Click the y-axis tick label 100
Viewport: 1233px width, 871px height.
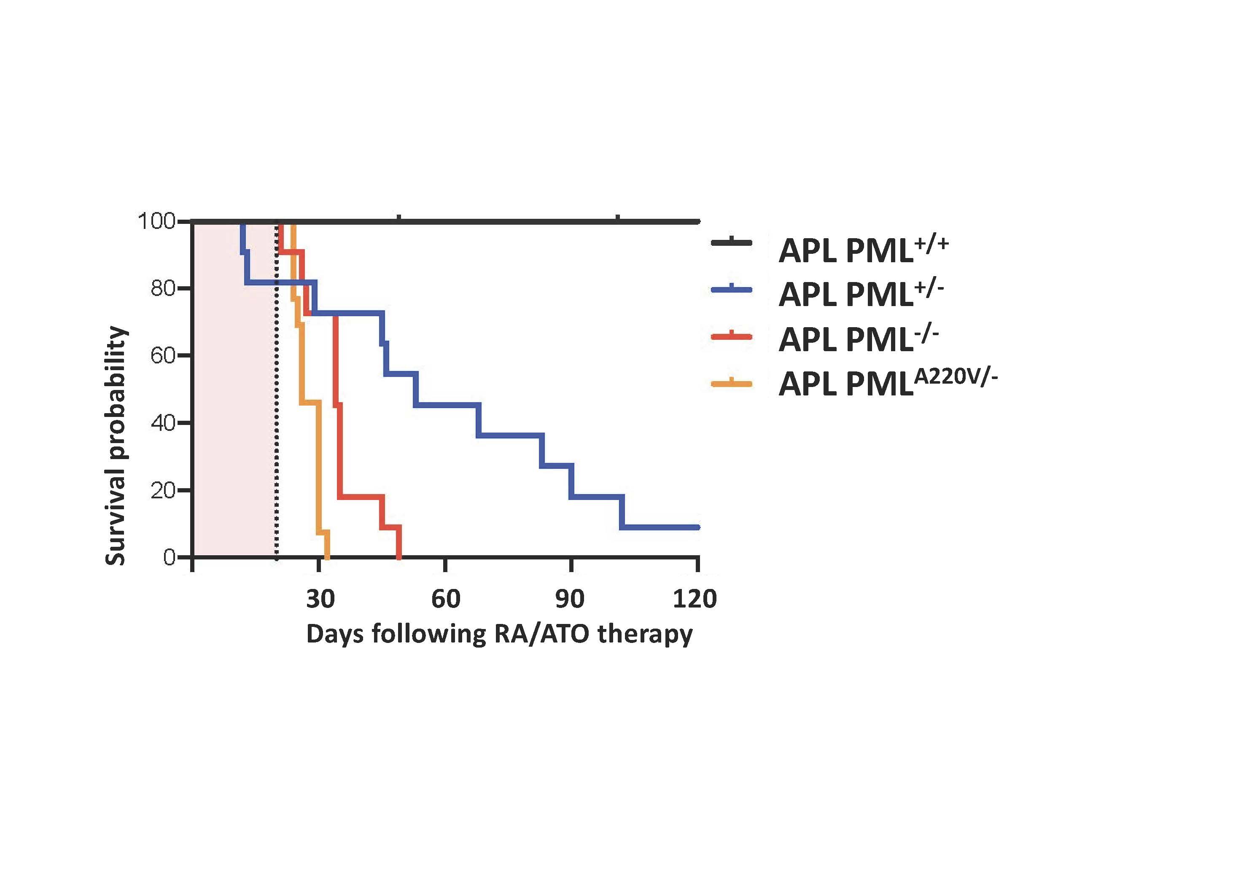point(156,221)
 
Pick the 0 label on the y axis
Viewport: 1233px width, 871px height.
point(169,558)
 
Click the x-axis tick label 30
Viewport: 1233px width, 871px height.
point(320,598)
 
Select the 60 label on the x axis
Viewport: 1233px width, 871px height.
point(446,598)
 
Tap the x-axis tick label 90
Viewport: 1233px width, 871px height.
point(570,598)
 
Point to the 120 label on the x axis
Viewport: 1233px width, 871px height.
point(695,598)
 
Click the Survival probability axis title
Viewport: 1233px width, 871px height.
point(116,446)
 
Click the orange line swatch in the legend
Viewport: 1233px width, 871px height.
point(732,383)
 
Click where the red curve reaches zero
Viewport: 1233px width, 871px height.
point(399,557)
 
